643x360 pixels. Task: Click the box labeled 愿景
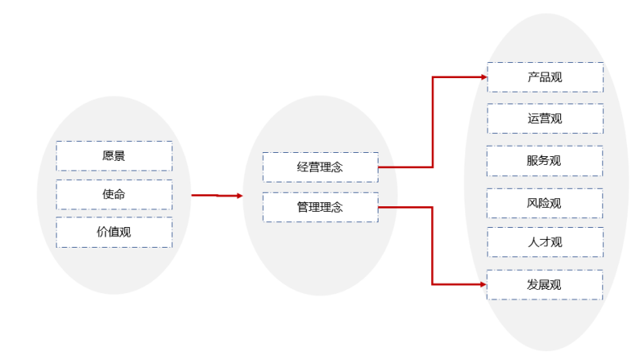114,156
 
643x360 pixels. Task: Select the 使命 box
114,194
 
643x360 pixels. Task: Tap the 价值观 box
114,233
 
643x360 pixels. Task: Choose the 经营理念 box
320,167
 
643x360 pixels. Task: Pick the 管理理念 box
320,207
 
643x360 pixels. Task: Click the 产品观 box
545,77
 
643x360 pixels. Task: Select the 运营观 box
545,119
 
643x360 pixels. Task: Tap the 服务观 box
545,160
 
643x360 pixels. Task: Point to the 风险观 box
545,203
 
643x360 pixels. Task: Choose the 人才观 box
545,242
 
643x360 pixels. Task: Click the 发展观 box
545,284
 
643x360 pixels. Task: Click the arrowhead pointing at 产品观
483,77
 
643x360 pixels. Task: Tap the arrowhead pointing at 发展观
483,284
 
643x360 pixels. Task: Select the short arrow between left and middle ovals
217,195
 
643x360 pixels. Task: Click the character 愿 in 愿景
108,156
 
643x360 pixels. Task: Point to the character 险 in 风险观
545,203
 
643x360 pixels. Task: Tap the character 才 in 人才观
545,242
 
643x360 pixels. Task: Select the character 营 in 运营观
545,119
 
